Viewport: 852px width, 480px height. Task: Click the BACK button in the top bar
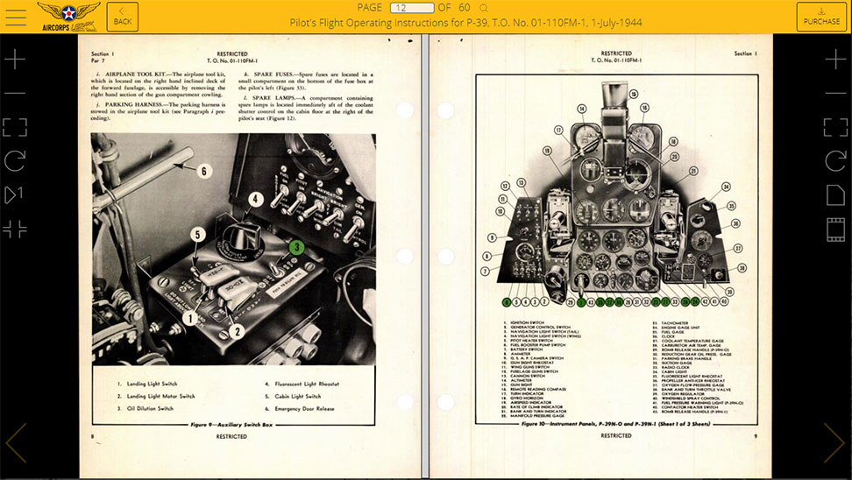click(x=123, y=16)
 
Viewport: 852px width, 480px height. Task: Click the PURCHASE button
click(x=820, y=16)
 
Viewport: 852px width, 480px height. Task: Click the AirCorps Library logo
click(x=68, y=16)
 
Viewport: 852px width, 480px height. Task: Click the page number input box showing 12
click(x=411, y=8)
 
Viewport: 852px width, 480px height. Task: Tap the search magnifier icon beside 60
click(x=484, y=8)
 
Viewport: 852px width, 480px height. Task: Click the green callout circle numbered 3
click(x=297, y=247)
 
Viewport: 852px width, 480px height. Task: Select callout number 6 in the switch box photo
click(x=204, y=172)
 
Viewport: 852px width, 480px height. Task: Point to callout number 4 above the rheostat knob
click(x=254, y=199)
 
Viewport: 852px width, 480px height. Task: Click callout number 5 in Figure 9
click(x=198, y=235)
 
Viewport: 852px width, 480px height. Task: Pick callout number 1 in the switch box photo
click(x=188, y=319)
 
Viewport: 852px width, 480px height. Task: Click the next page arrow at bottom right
click(x=834, y=442)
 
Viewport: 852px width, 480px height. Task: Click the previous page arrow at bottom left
click(x=16, y=442)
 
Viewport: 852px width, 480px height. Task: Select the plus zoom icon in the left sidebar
click(x=15, y=60)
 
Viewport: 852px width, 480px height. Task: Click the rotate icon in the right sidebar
click(x=835, y=160)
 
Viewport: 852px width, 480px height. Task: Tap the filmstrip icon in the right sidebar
click(x=835, y=229)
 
